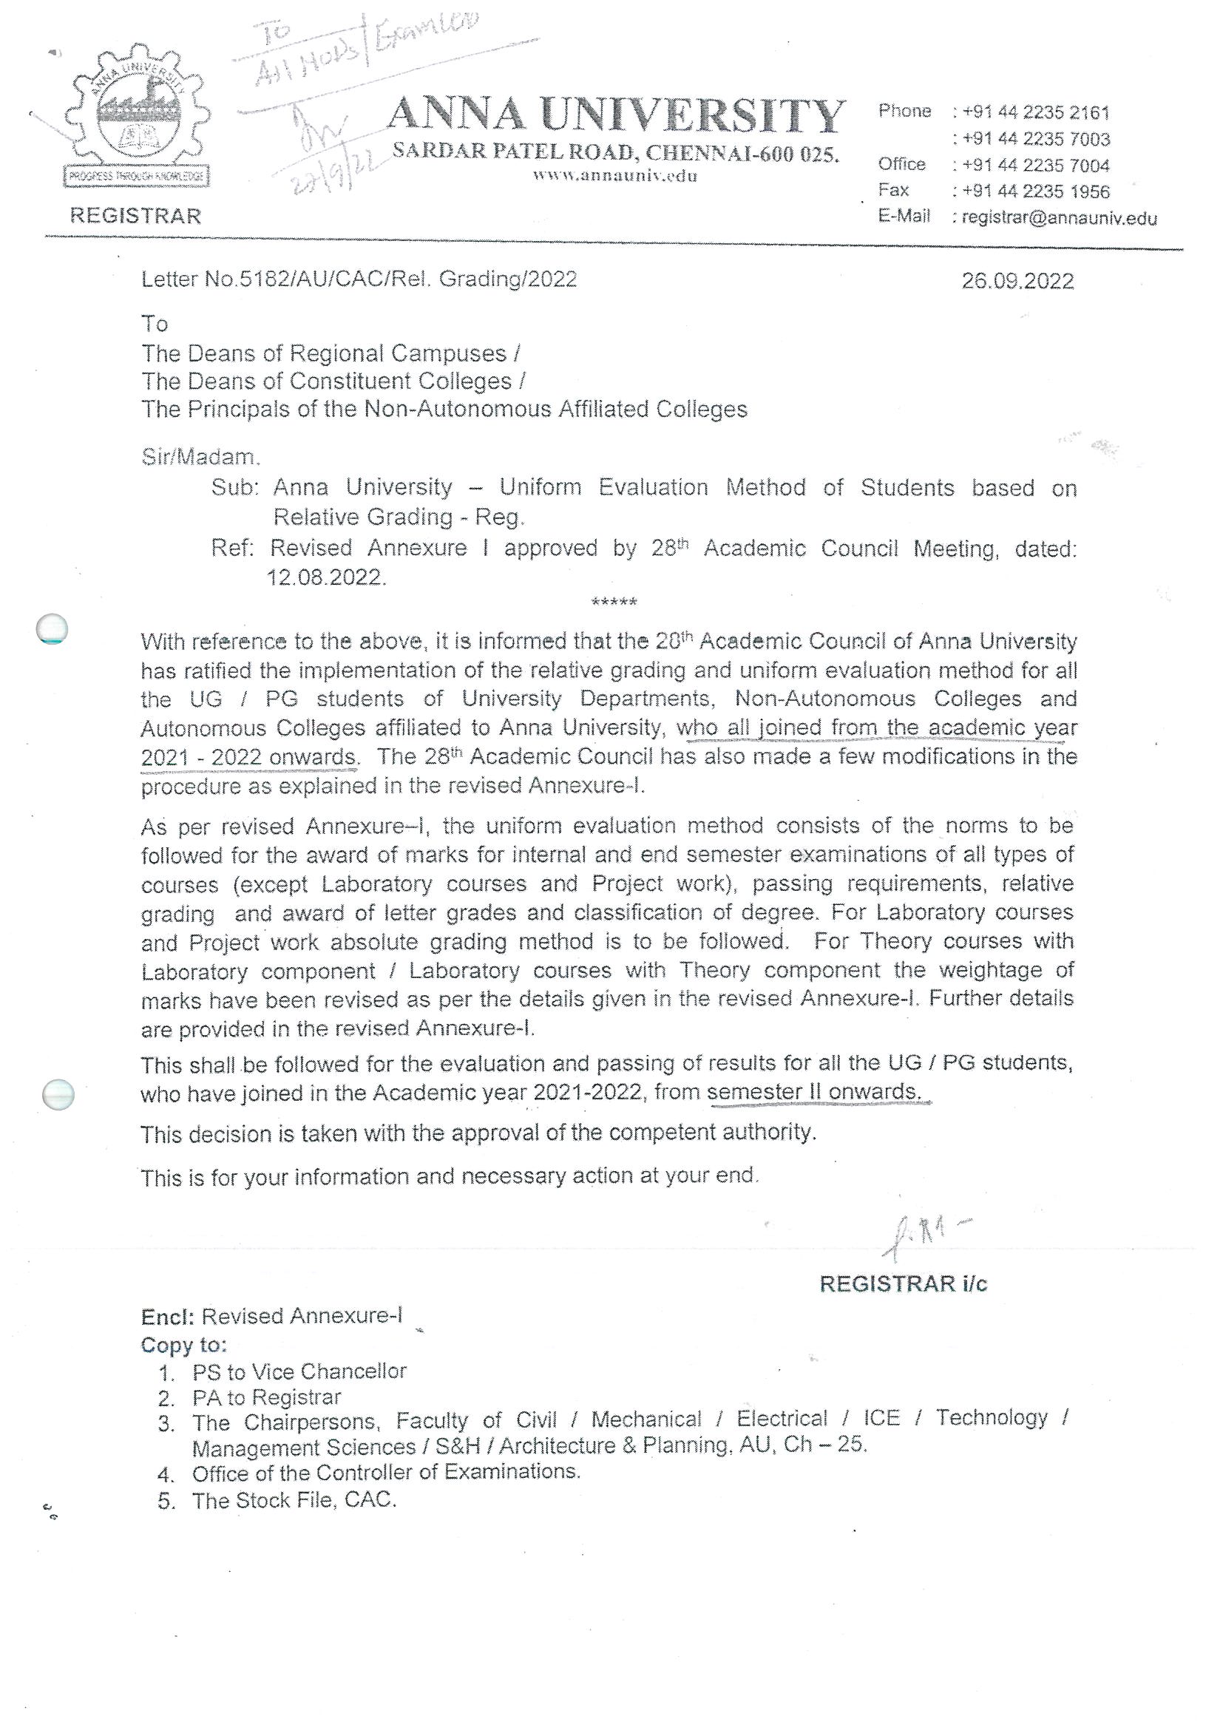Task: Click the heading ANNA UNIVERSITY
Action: click(617, 116)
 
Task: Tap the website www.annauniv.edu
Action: click(615, 175)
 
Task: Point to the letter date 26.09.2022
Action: click(1017, 281)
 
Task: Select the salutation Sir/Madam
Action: click(200, 457)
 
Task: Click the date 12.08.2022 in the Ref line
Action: click(326, 577)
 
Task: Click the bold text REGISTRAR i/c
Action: click(903, 1283)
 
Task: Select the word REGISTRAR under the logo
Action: click(135, 216)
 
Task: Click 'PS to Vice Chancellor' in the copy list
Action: click(299, 1371)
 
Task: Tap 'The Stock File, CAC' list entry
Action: click(294, 1500)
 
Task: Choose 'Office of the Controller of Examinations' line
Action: click(386, 1471)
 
